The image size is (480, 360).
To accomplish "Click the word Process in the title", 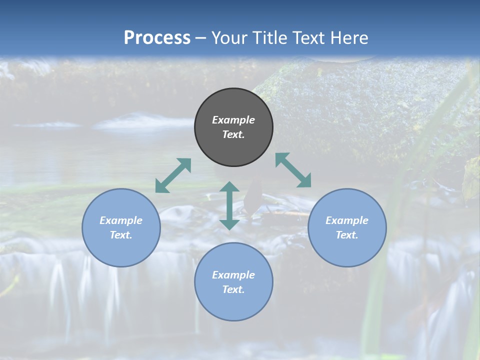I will [157, 38].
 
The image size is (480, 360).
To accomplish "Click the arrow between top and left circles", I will [173, 175].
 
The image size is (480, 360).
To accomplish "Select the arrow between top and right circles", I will [293, 170].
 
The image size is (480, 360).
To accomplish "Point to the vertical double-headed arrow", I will [229, 205].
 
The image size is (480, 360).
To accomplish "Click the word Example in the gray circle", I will [233, 120].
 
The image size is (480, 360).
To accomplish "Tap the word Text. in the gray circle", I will [233, 134].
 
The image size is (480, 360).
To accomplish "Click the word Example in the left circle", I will [121, 220].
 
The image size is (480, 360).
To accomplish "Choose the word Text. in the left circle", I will [121, 235].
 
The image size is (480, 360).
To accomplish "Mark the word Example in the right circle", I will [347, 220].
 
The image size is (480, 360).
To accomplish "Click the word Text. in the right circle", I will [347, 235].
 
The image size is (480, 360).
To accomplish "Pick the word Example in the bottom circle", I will [233, 275].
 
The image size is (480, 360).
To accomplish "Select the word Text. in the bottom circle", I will [233, 289].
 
